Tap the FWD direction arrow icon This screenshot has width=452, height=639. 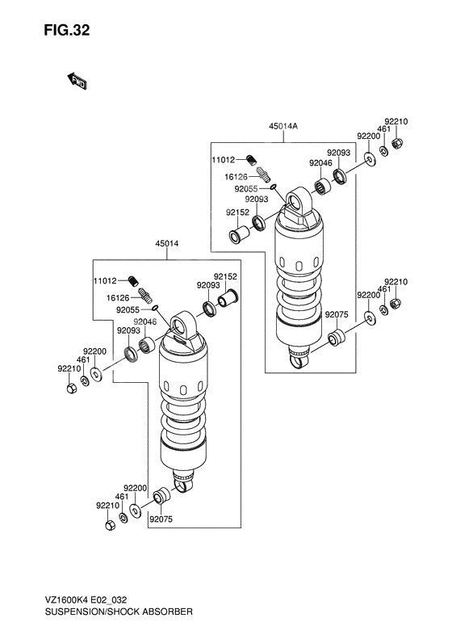[x=77, y=81]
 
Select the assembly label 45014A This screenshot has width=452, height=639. [x=284, y=126]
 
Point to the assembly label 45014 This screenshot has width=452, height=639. [x=167, y=244]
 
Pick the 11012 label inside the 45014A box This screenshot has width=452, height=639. [x=224, y=160]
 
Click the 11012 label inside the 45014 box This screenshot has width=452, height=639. [x=105, y=281]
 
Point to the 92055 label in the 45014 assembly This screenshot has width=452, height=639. [x=128, y=309]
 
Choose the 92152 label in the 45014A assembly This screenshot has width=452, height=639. [x=237, y=212]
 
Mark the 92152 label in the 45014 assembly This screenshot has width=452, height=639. [x=226, y=275]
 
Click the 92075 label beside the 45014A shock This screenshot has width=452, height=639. [x=337, y=314]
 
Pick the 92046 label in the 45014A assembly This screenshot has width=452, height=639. [x=320, y=162]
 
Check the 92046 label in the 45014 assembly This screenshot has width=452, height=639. [x=145, y=322]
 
